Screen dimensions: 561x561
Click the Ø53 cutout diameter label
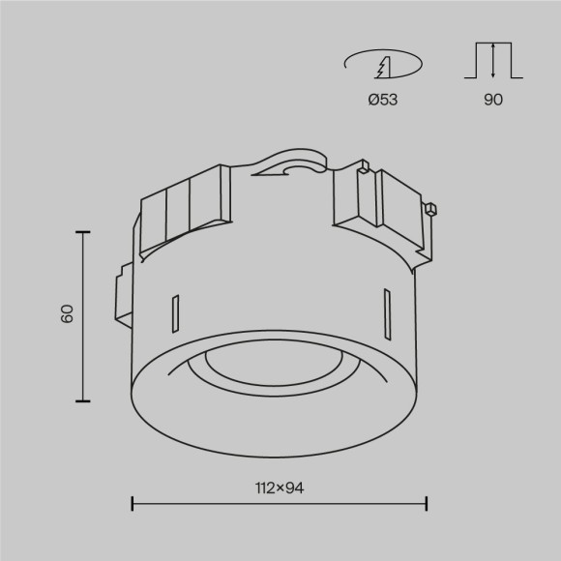(383, 99)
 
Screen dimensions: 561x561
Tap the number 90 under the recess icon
(492, 99)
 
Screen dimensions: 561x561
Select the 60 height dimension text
(67, 314)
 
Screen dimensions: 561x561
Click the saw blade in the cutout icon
(384, 67)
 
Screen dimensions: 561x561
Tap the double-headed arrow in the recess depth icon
(493, 60)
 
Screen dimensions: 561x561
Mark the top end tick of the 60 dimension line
(82, 232)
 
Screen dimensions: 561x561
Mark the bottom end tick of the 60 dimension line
(82, 399)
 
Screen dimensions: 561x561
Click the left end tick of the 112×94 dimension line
(132, 503)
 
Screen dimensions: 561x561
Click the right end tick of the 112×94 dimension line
(427, 503)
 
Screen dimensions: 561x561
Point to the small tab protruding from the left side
(121, 295)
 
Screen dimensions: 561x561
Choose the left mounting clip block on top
(186, 208)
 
